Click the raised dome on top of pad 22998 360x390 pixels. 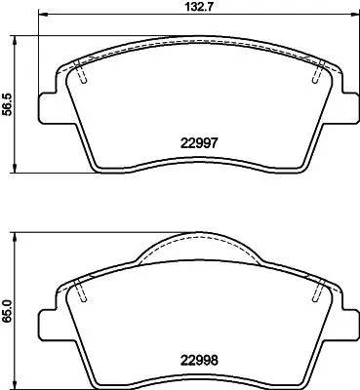pos(197,250)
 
